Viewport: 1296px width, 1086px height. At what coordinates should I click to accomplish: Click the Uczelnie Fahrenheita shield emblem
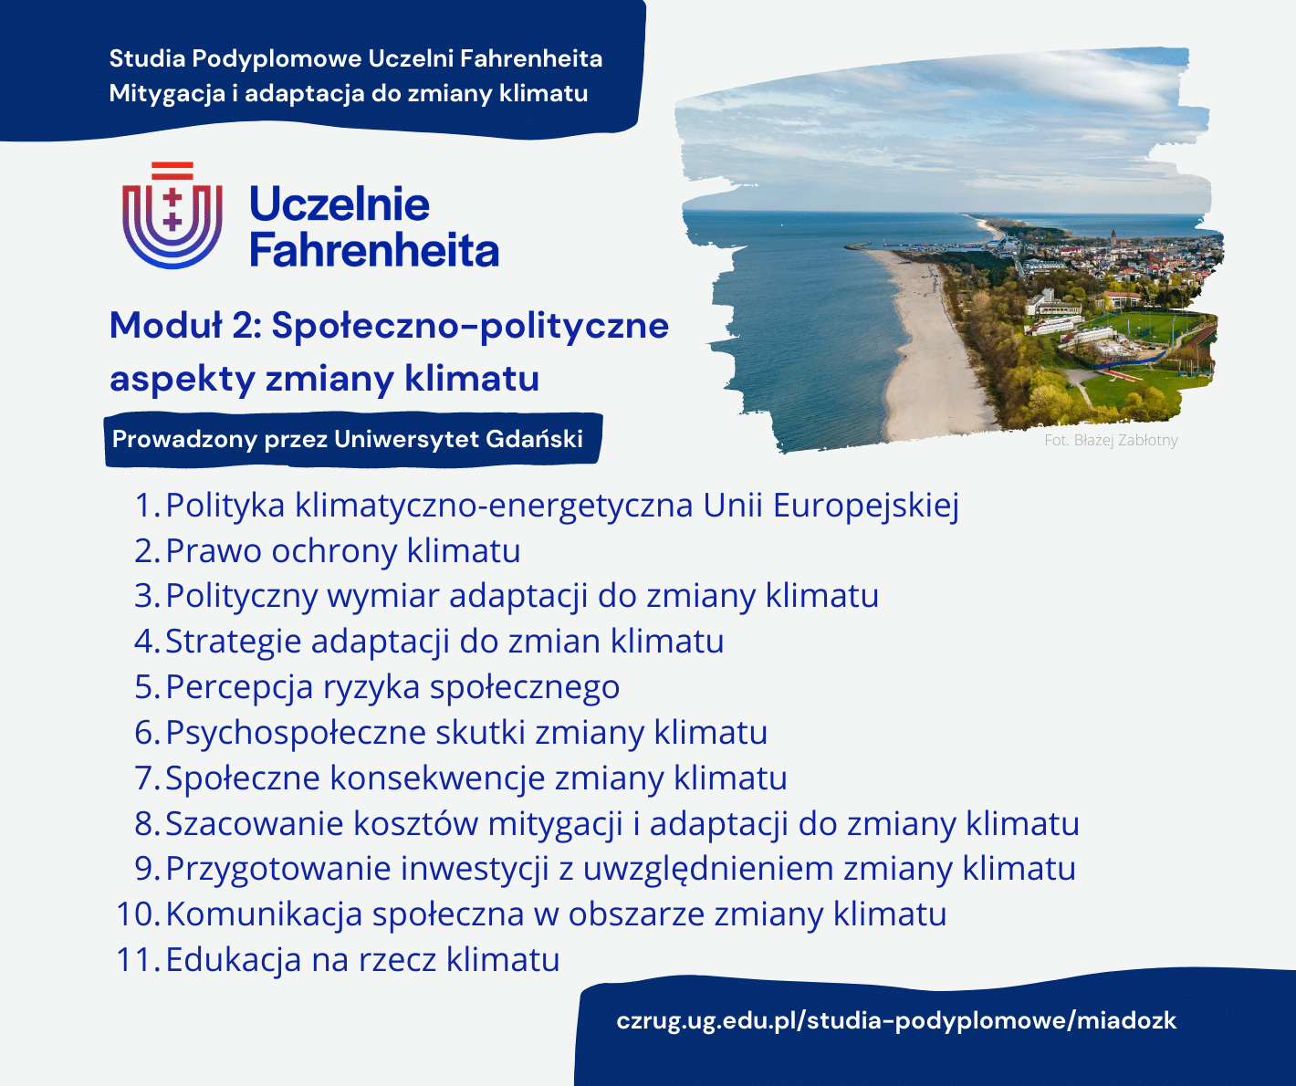(172, 215)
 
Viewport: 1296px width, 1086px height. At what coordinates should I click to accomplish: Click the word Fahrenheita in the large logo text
(374, 250)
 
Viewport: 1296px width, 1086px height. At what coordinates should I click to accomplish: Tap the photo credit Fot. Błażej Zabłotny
(1111, 440)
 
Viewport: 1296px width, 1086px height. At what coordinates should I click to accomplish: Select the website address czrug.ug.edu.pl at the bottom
(896, 1021)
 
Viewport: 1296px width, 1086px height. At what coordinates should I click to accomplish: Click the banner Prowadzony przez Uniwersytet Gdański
(353, 439)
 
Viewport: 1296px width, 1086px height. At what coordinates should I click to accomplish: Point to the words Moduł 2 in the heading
(185, 325)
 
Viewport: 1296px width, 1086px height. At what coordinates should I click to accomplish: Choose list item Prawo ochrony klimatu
(342, 551)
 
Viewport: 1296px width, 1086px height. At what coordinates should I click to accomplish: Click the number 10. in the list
(138, 914)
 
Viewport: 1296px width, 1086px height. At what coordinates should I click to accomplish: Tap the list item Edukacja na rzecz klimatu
(362, 959)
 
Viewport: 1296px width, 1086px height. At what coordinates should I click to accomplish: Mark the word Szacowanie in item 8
(255, 823)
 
